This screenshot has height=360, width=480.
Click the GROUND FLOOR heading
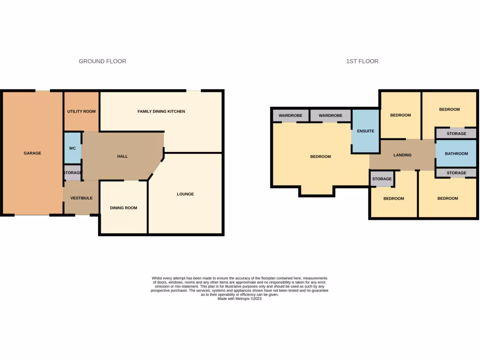pos(102,61)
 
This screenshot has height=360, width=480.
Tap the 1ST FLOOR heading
pos(362,61)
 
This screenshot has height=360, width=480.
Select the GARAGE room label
pos(33,153)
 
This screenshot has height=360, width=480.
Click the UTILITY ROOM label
pos(82,112)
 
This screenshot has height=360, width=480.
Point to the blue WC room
pos(73,149)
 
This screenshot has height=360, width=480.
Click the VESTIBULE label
pos(81,198)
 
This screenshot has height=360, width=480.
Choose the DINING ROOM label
pos(123,208)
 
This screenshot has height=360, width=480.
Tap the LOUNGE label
pos(185,194)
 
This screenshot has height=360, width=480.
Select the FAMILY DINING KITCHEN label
pos(161,112)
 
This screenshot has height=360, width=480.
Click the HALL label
pos(122,157)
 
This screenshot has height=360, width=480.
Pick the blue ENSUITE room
pos(366,131)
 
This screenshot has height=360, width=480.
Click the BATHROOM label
pos(456,154)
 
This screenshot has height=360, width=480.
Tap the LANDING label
pos(402,155)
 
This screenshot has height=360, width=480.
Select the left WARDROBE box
pos(291,115)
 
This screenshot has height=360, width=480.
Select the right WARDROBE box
pos(331,115)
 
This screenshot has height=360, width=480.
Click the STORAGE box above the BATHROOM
pos(456,134)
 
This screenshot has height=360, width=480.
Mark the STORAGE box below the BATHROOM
pos(456,173)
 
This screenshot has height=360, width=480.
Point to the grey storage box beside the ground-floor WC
pos(73,173)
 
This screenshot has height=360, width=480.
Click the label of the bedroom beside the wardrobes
pos(321,157)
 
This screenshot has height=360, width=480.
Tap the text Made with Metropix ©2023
pos(240,299)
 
